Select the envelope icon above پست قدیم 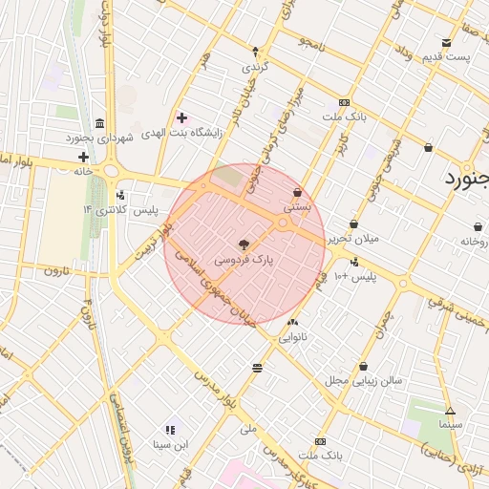pyautogui.click(x=446, y=42)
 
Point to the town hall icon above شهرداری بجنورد pyautogui.click(x=100, y=123)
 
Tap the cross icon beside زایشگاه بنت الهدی pyautogui.click(x=181, y=118)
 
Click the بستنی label pyautogui.click(x=297, y=206)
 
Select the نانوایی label pyautogui.click(x=292, y=336)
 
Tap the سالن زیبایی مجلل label pyautogui.click(x=364, y=380)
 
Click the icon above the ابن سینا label pyautogui.click(x=170, y=430)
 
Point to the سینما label pyautogui.click(x=451, y=423)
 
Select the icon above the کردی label pyautogui.click(x=255, y=52)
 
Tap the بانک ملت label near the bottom pyautogui.click(x=320, y=456)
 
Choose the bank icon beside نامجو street pyautogui.click(x=344, y=103)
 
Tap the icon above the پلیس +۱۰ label pyautogui.click(x=354, y=263)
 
